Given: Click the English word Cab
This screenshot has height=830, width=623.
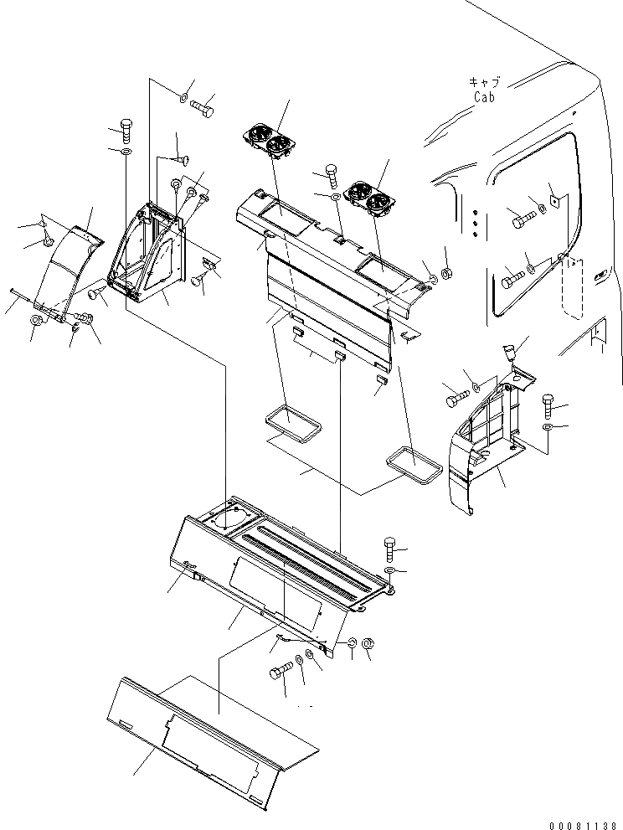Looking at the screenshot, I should pyautogui.click(x=483, y=96).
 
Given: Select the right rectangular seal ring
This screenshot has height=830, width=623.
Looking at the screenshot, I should pyautogui.click(x=413, y=466).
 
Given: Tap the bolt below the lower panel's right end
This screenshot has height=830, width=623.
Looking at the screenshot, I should pyautogui.click(x=281, y=672).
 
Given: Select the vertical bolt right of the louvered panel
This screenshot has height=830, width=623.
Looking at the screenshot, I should pyautogui.click(x=391, y=549).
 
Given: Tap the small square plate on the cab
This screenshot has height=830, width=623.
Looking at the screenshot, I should pyautogui.click(x=552, y=202).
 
